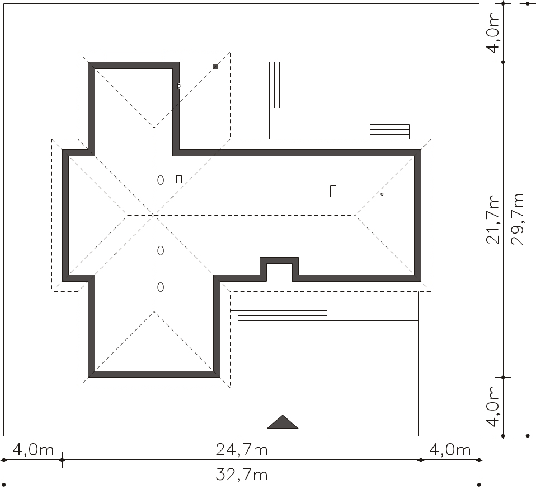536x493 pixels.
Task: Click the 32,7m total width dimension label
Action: click(241, 475)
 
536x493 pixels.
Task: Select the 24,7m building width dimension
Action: click(241, 449)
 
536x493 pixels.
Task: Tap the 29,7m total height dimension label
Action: click(517, 220)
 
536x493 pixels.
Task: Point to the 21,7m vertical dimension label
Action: click(493, 220)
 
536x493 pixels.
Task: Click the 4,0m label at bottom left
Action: click(33, 449)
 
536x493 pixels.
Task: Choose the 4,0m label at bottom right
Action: click(450, 449)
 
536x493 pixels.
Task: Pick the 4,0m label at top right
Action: click(493, 33)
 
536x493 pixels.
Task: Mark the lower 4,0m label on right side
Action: click(493, 407)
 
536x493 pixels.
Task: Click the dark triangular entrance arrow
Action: click(283, 423)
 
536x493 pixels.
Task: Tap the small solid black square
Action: click(215, 67)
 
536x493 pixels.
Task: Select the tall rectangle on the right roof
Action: click(333, 191)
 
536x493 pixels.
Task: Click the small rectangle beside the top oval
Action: click(179, 179)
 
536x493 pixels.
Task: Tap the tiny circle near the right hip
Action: click(382, 194)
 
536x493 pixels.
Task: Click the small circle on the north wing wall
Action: click(180, 86)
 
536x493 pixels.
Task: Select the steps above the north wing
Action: click(134, 57)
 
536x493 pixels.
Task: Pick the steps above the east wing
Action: click(390, 132)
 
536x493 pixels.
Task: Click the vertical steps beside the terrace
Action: click(275, 85)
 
